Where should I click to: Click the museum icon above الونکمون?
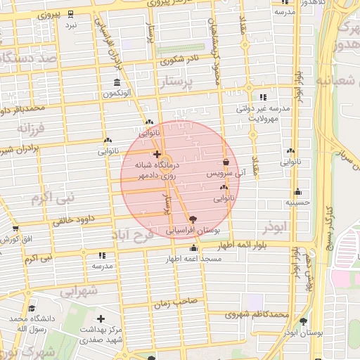(116, 82)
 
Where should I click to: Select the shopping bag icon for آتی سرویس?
(225, 162)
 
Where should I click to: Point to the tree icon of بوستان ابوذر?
(303, 321)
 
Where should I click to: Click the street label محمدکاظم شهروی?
(257, 314)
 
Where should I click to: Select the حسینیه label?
(297, 202)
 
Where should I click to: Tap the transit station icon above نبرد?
(71, 14)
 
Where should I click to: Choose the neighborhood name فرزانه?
(31, 130)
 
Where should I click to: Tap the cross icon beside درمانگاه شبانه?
(157, 153)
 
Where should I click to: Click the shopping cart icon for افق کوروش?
(15, 229)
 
